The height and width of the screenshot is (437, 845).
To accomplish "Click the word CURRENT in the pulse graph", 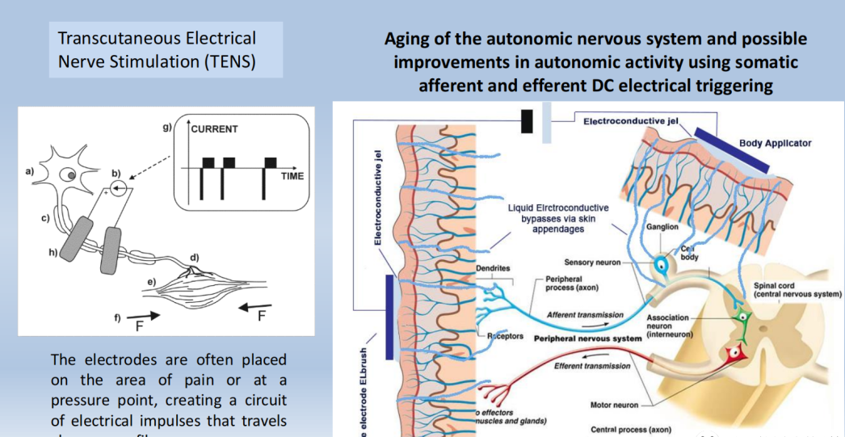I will pos(214,129).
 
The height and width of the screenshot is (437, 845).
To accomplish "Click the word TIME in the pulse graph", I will pos(292,175).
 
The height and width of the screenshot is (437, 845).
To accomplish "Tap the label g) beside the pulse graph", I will pos(167,127).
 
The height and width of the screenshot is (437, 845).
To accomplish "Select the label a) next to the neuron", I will pos(31,171).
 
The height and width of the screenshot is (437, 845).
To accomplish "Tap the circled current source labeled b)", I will pos(119,190).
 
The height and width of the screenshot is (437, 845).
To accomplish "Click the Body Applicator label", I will pos(775,143).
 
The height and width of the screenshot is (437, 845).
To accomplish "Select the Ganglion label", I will pos(662,227).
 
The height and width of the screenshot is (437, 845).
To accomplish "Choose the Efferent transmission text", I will pos(592,366).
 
